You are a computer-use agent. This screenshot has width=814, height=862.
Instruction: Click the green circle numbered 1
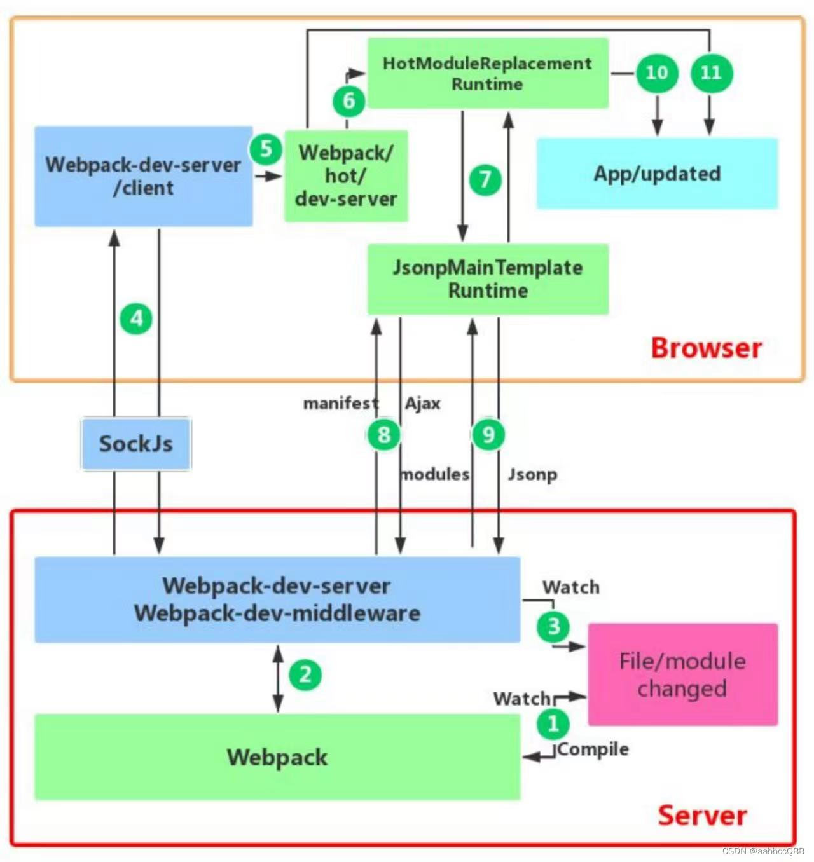[x=553, y=723]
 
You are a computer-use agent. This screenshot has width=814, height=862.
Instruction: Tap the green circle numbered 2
[x=305, y=674]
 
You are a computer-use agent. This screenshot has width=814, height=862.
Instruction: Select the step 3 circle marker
[x=553, y=626]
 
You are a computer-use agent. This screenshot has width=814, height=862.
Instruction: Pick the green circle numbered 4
[x=136, y=318]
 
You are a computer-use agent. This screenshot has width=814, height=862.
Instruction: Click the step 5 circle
[x=266, y=149]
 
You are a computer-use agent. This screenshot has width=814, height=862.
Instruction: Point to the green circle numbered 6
[x=348, y=100]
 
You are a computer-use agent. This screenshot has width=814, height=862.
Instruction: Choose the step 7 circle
[x=485, y=179]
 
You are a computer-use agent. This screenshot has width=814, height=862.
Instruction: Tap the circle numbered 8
[x=383, y=435]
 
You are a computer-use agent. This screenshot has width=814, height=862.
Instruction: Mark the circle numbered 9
[x=488, y=435]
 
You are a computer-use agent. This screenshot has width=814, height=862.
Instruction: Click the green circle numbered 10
[x=657, y=72]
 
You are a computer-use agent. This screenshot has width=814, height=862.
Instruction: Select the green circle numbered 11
[x=711, y=72]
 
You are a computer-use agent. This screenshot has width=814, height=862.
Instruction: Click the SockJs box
[x=136, y=444]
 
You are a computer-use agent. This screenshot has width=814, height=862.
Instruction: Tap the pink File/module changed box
[x=682, y=674]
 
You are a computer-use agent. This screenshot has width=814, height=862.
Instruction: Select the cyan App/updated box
[x=657, y=174]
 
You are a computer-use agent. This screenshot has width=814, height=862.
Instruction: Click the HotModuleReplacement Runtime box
[x=488, y=73]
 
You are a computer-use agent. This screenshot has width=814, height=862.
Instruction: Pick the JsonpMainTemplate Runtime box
[x=488, y=279]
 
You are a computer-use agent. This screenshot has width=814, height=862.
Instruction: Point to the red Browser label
[x=706, y=348]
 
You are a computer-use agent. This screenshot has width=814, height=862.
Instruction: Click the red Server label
[x=702, y=816]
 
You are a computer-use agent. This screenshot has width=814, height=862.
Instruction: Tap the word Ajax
[x=423, y=404]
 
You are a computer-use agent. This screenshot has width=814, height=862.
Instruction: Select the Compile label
[x=593, y=749]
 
